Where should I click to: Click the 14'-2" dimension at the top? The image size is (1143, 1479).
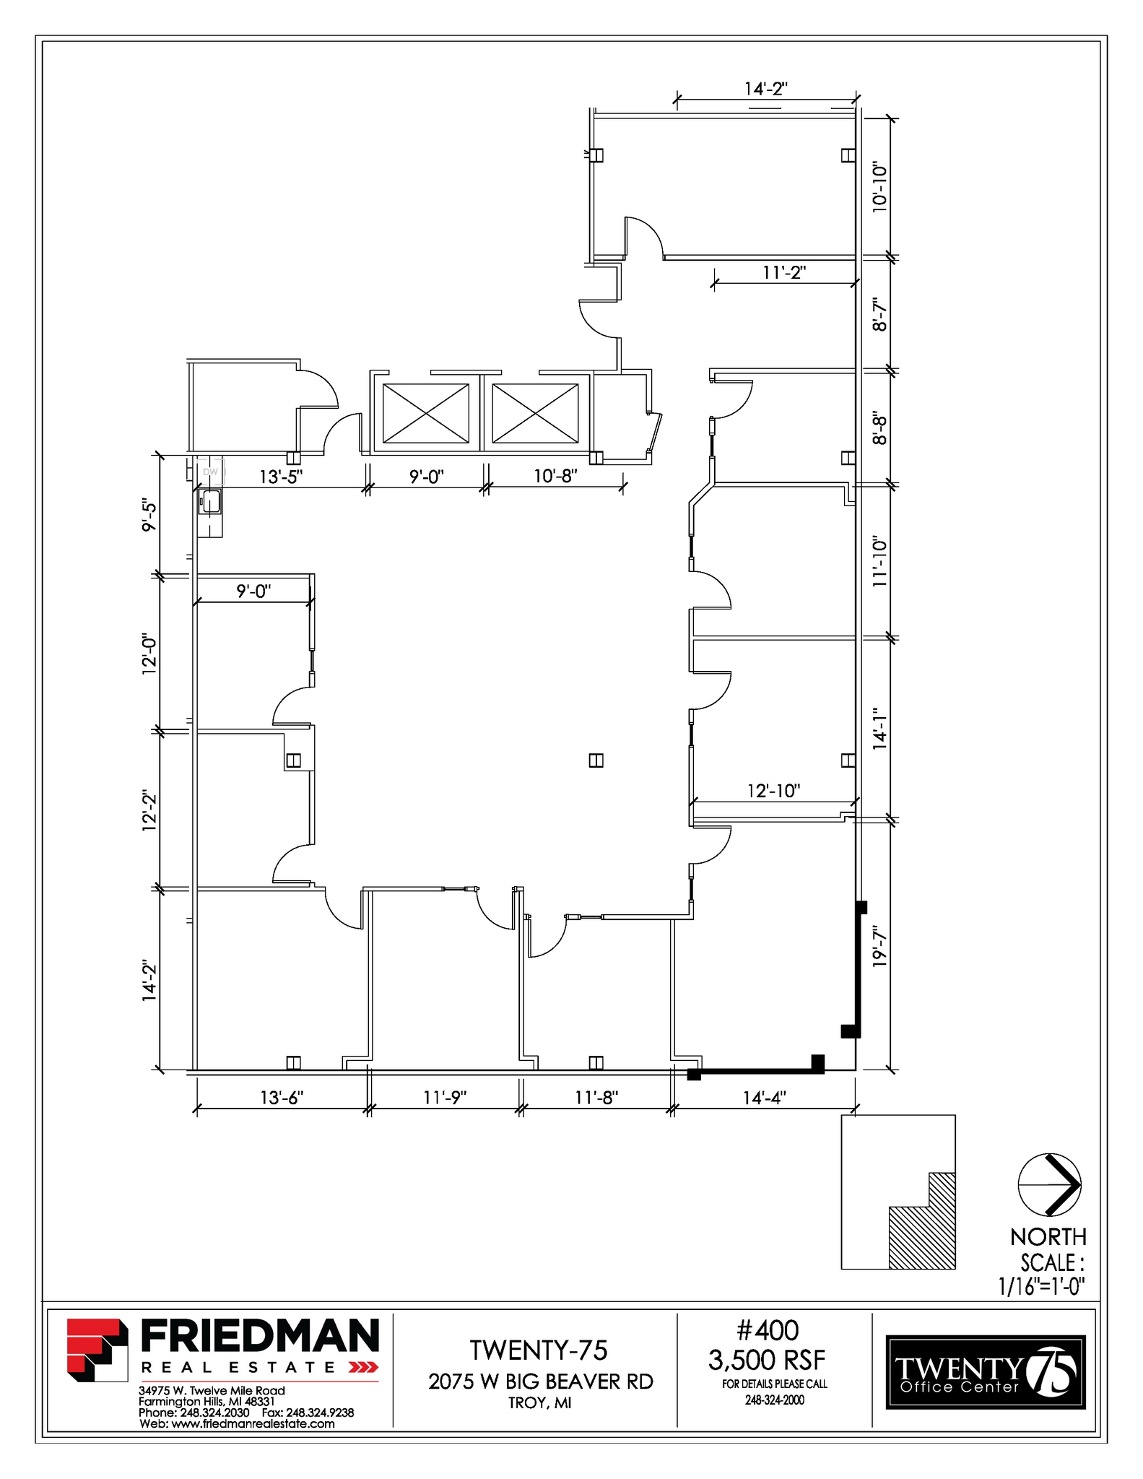(x=765, y=89)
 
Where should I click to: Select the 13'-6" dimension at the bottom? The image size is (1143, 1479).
(x=282, y=1098)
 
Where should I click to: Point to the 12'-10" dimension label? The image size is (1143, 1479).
(x=773, y=791)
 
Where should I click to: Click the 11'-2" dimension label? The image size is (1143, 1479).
(x=783, y=272)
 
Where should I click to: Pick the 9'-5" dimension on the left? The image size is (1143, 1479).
(x=149, y=514)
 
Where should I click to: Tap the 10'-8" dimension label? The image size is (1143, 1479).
(x=555, y=477)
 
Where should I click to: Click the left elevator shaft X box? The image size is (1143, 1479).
(x=425, y=413)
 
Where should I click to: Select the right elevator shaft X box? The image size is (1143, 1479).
(x=535, y=413)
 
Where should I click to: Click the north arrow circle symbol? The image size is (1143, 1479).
(x=1048, y=1184)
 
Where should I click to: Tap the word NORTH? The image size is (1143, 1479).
(x=1048, y=1237)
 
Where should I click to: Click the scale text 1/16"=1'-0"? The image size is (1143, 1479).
(x=1042, y=1286)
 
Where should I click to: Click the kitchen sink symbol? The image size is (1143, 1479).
(x=210, y=501)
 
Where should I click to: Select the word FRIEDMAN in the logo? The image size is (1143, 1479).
(x=259, y=1336)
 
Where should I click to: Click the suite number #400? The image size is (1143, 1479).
(x=767, y=1330)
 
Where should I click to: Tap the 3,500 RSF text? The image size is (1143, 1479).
(x=766, y=1361)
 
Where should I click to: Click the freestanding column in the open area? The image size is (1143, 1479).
(x=596, y=760)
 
